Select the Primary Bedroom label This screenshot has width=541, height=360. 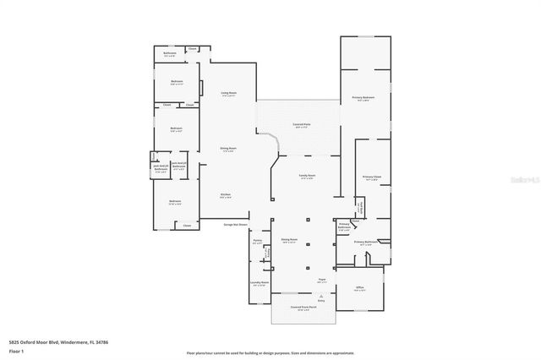(x=363, y=98)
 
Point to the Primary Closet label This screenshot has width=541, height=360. (x=373, y=177)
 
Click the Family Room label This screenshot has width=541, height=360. (x=306, y=177)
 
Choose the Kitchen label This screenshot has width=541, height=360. (x=226, y=195)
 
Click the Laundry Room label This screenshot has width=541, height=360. (x=260, y=283)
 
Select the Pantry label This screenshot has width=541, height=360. (x=258, y=242)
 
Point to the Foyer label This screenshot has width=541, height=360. (x=321, y=281)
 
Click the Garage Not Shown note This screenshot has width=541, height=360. (x=235, y=225)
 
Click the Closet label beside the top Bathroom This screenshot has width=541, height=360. (x=193, y=49)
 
